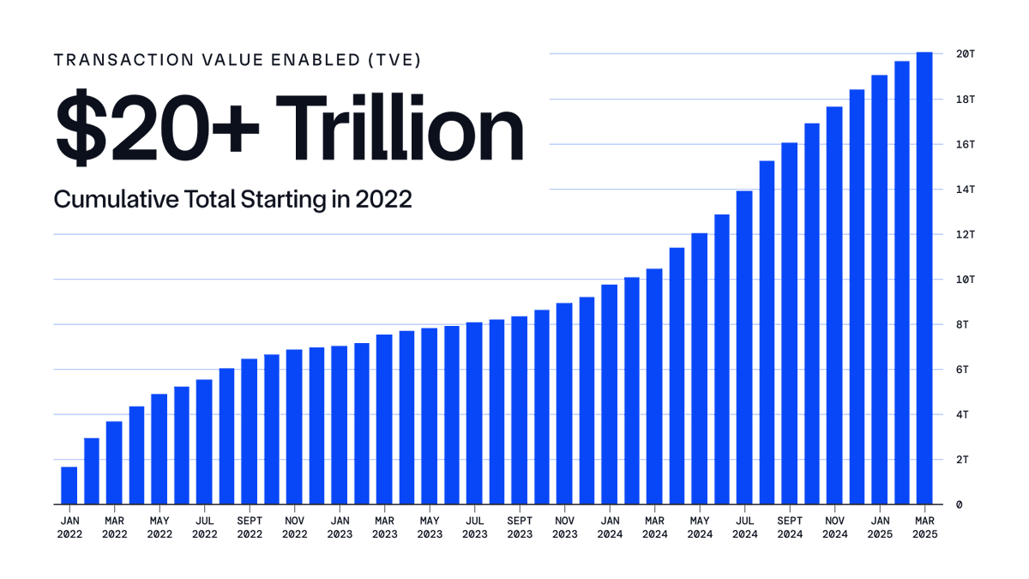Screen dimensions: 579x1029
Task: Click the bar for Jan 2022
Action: (x=69, y=486)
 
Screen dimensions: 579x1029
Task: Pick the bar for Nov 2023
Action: (x=564, y=403)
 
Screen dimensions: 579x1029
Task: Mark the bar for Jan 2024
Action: (x=609, y=395)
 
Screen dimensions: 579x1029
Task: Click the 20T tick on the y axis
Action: (x=966, y=54)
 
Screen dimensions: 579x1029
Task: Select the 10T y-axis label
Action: (x=966, y=280)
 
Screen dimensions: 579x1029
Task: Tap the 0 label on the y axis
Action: (x=960, y=504)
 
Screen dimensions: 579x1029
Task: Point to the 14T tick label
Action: (x=966, y=190)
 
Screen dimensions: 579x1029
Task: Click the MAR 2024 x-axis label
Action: (x=654, y=527)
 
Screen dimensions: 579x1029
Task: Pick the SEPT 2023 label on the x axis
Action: (x=520, y=527)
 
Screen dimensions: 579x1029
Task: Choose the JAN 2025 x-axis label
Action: (x=880, y=527)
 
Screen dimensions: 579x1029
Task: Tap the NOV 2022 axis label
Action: (x=294, y=527)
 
